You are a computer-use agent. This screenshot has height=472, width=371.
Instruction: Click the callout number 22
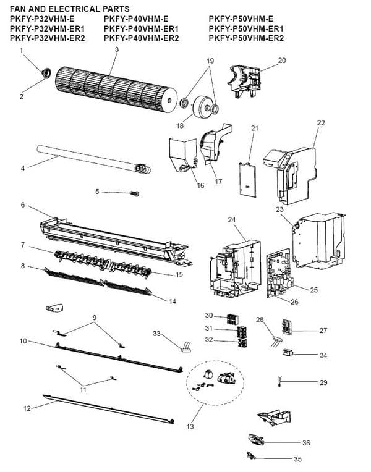click(x=321, y=123)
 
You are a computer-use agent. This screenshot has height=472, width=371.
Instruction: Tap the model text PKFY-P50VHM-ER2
click(x=246, y=38)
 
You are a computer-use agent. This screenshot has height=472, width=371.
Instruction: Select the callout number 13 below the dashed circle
click(x=190, y=426)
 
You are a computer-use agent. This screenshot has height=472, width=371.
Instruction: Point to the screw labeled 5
click(x=134, y=193)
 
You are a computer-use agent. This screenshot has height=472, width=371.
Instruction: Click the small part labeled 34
click(x=288, y=353)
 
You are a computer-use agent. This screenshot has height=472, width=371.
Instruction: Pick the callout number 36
click(x=306, y=443)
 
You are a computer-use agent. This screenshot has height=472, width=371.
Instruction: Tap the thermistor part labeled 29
click(x=279, y=381)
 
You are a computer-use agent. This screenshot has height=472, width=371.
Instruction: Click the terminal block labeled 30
click(x=232, y=319)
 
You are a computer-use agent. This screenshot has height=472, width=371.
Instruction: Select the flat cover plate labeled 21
click(x=248, y=179)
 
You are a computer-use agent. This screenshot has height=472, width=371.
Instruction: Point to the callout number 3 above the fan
click(x=117, y=49)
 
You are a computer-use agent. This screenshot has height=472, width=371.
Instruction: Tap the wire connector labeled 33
click(x=185, y=347)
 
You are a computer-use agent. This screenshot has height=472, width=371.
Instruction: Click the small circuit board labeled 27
click(x=287, y=327)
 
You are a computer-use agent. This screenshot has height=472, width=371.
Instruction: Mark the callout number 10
click(x=23, y=341)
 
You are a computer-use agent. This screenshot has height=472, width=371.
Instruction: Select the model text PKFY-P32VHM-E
click(x=42, y=19)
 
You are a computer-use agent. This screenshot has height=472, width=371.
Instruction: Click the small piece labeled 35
click(x=251, y=455)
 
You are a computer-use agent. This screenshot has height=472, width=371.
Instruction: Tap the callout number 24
click(x=231, y=220)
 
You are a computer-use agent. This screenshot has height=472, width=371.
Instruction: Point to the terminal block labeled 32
click(x=242, y=343)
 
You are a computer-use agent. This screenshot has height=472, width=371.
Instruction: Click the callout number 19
click(x=210, y=61)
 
